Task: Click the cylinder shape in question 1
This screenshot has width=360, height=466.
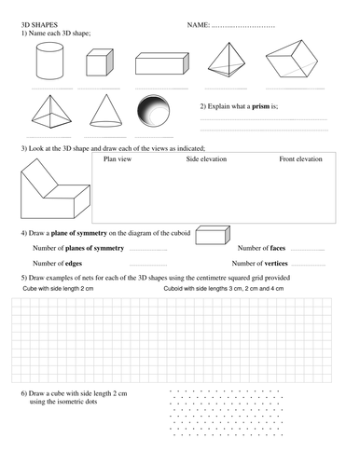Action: tap(48, 63)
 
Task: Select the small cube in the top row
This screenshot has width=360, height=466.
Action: tap(99, 63)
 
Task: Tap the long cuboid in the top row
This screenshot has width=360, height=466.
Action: tap(162, 63)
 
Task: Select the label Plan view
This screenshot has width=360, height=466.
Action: tap(119, 159)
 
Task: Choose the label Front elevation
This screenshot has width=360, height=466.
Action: tap(300, 159)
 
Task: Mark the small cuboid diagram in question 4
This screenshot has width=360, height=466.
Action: tap(213, 237)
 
